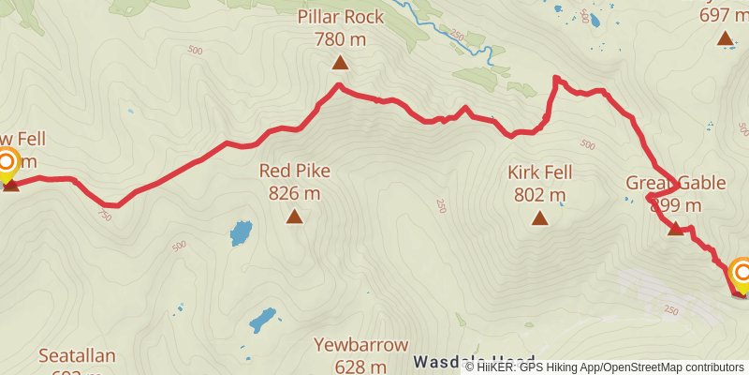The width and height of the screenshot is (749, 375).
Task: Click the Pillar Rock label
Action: [340, 17]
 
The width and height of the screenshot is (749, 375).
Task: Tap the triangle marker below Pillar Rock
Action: [340, 64]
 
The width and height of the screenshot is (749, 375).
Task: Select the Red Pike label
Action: [295, 171]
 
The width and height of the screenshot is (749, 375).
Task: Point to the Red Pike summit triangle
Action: [295, 217]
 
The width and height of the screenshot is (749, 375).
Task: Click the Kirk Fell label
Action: [540, 172]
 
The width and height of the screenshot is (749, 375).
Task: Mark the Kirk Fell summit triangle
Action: [540, 218]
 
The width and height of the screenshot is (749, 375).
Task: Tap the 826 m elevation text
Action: [295, 194]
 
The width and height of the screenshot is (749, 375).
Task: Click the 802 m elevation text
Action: [540, 196]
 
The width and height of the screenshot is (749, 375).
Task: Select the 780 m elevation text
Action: [340, 40]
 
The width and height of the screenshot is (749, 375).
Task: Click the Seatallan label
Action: [77, 355]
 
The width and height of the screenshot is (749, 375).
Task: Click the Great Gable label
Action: [675, 183]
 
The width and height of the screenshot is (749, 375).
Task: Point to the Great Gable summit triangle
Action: [676, 228]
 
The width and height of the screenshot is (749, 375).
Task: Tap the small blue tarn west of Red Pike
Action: [242, 232]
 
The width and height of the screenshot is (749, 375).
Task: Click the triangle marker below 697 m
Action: [725, 38]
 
